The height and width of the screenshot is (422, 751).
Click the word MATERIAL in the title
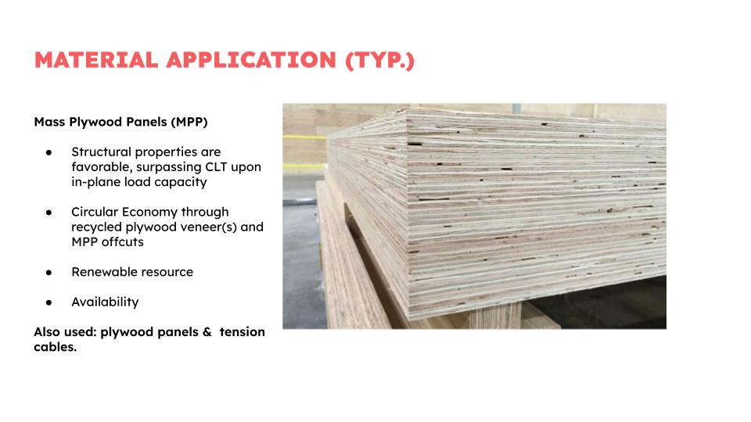point(96,60)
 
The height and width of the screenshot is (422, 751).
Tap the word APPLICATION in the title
point(251,60)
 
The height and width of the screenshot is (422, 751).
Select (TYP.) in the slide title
point(380,61)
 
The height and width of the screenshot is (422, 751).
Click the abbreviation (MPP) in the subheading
point(189,122)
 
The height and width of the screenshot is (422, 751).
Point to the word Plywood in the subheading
point(95,122)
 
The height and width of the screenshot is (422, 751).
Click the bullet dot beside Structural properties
point(49,152)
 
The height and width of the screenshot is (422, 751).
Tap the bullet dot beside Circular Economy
point(49,213)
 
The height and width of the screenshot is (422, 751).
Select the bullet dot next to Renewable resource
point(49,273)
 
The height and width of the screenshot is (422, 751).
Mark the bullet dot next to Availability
point(49,303)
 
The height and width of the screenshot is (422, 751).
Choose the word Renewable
point(99,272)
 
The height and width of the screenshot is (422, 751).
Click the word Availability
point(105,302)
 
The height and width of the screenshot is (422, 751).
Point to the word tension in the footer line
point(242,332)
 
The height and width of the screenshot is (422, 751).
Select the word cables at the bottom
point(55,347)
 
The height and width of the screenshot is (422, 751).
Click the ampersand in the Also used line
point(207,332)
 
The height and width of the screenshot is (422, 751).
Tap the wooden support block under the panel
point(494,315)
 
